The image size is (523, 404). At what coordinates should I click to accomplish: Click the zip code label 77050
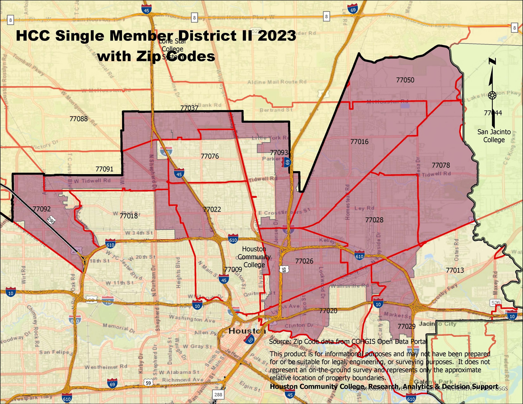(405, 80)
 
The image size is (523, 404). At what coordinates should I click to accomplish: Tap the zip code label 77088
(78, 119)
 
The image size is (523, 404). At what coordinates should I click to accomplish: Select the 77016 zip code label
(359, 142)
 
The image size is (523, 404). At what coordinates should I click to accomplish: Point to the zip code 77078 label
(441, 165)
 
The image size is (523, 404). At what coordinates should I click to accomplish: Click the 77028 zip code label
(374, 220)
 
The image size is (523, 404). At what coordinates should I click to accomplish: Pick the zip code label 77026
(304, 261)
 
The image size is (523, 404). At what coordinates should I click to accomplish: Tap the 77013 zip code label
(455, 270)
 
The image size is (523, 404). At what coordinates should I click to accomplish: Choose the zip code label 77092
(42, 209)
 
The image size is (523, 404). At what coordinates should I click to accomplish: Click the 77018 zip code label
(128, 216)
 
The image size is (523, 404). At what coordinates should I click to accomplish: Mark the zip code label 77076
(210, 156)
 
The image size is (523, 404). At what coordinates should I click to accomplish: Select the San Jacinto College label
(494, 136)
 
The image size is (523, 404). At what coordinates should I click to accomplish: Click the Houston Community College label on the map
(254, 257)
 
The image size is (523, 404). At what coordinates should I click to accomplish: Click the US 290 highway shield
(51, 220)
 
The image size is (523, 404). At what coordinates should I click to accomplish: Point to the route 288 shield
(218, 394)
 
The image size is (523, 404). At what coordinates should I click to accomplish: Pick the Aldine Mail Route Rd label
(277, 82)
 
